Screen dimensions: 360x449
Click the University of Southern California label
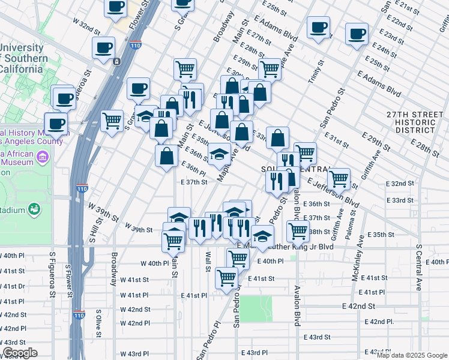click(24, 59)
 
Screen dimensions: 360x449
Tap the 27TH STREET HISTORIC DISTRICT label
click(411, 122)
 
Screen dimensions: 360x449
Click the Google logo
click(19, 353)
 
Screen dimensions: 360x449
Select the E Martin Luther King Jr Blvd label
click(286, 246)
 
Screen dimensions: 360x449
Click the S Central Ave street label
click(418, 267)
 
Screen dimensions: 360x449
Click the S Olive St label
click(99, 323)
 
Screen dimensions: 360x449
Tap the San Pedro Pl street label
click(217, 337)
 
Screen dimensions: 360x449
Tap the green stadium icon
click(35, 209)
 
